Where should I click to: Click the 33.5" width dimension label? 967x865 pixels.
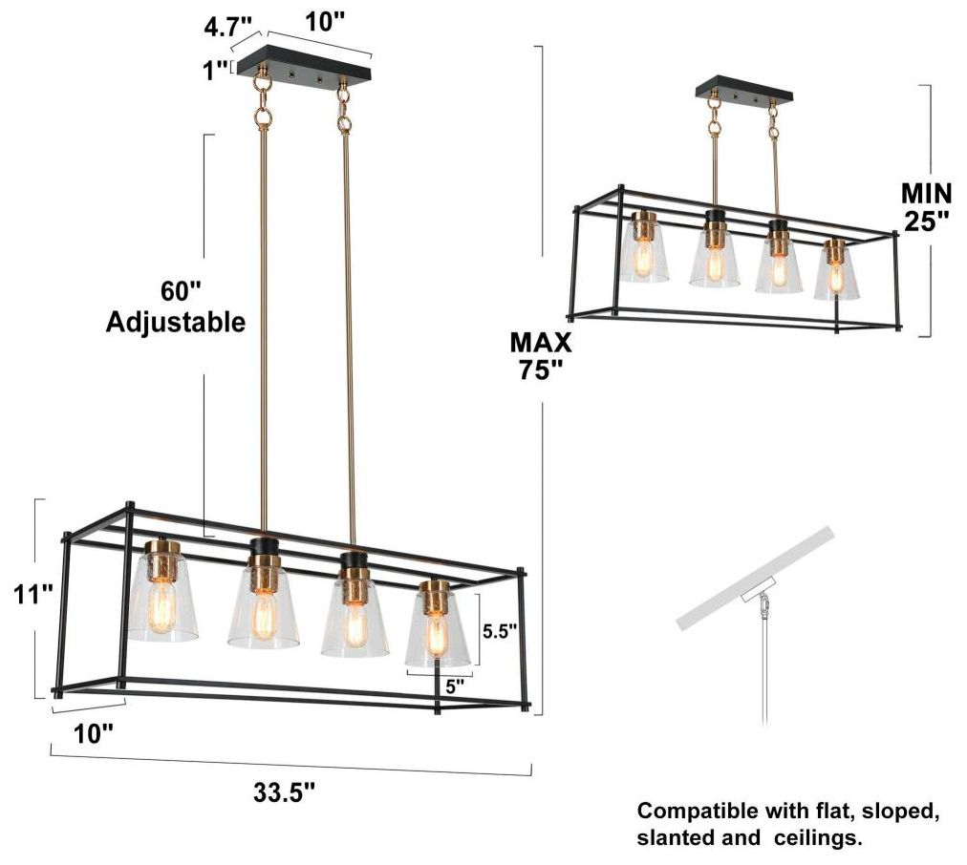click(285, 792)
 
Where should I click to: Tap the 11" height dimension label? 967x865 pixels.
click(33, 596)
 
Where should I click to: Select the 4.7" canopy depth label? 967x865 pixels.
click(228, 27)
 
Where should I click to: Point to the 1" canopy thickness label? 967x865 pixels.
click(217, 71)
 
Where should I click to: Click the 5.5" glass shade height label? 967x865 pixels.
click(500, 631)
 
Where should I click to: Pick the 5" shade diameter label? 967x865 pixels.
click(455, 686)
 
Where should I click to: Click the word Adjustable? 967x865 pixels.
click(175, 322)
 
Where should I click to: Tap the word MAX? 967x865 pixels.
click(540, 343)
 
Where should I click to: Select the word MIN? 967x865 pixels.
click(926, 194)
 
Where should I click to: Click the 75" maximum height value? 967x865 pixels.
click(540, 369)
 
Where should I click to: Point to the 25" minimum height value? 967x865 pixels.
click(926, 222)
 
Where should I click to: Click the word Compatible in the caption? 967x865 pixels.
click(698, 811)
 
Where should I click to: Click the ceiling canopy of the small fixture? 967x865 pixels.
click(743, 90)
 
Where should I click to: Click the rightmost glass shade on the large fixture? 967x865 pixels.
click(438, 630)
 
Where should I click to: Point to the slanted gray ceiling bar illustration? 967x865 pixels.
click(755, 578)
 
